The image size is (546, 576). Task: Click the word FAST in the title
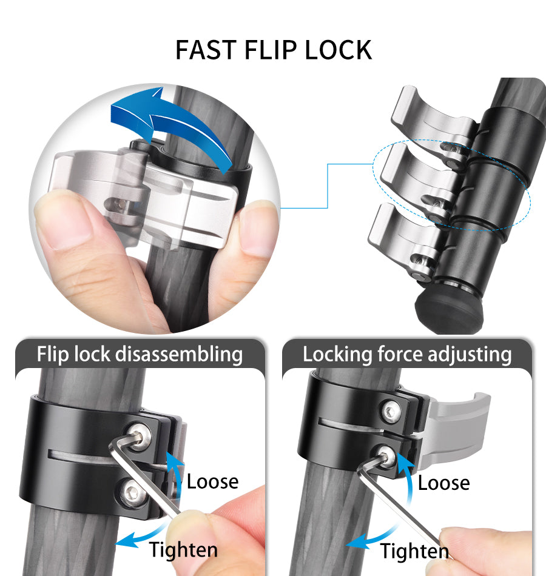[206, 50]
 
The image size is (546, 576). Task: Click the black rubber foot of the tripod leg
[448, 310]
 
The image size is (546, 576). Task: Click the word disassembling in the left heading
[179, 355]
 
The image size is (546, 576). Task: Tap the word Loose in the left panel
[212, 481]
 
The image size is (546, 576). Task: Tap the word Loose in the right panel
[444, 483]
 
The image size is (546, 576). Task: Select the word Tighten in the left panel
[183, 550]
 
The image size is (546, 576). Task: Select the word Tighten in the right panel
[414, 551]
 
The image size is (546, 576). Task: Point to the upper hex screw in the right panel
[391, 410]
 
